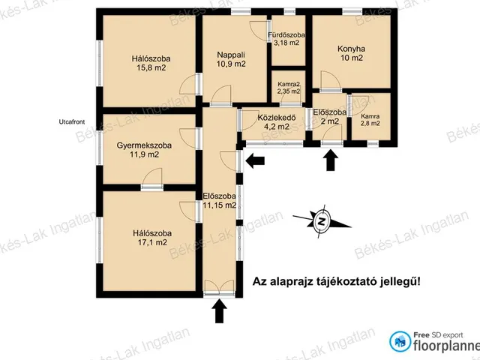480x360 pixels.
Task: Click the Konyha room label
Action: click(351, 49)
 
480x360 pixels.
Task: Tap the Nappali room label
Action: click(231, 55)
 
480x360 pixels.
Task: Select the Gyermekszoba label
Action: click(144, 145)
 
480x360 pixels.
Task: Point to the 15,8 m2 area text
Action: click(151, 67)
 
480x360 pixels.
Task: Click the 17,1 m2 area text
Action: click(152, 242)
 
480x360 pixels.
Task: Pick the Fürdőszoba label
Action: click(286, 35)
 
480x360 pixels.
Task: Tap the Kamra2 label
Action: click(289, 84)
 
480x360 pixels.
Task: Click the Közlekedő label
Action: click(277, 118)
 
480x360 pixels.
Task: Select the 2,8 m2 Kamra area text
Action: click(370, 123)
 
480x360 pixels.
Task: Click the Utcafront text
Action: click(72, 121)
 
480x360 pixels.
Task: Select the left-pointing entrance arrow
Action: click(255, 160)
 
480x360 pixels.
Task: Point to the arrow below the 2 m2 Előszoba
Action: click(331, 160)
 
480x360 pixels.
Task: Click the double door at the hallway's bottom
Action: click(219, 288)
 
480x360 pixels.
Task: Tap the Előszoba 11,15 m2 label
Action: click(220, 200)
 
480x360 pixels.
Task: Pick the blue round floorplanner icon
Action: click(400, 342)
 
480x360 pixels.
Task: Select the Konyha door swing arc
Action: click(331, 80)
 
